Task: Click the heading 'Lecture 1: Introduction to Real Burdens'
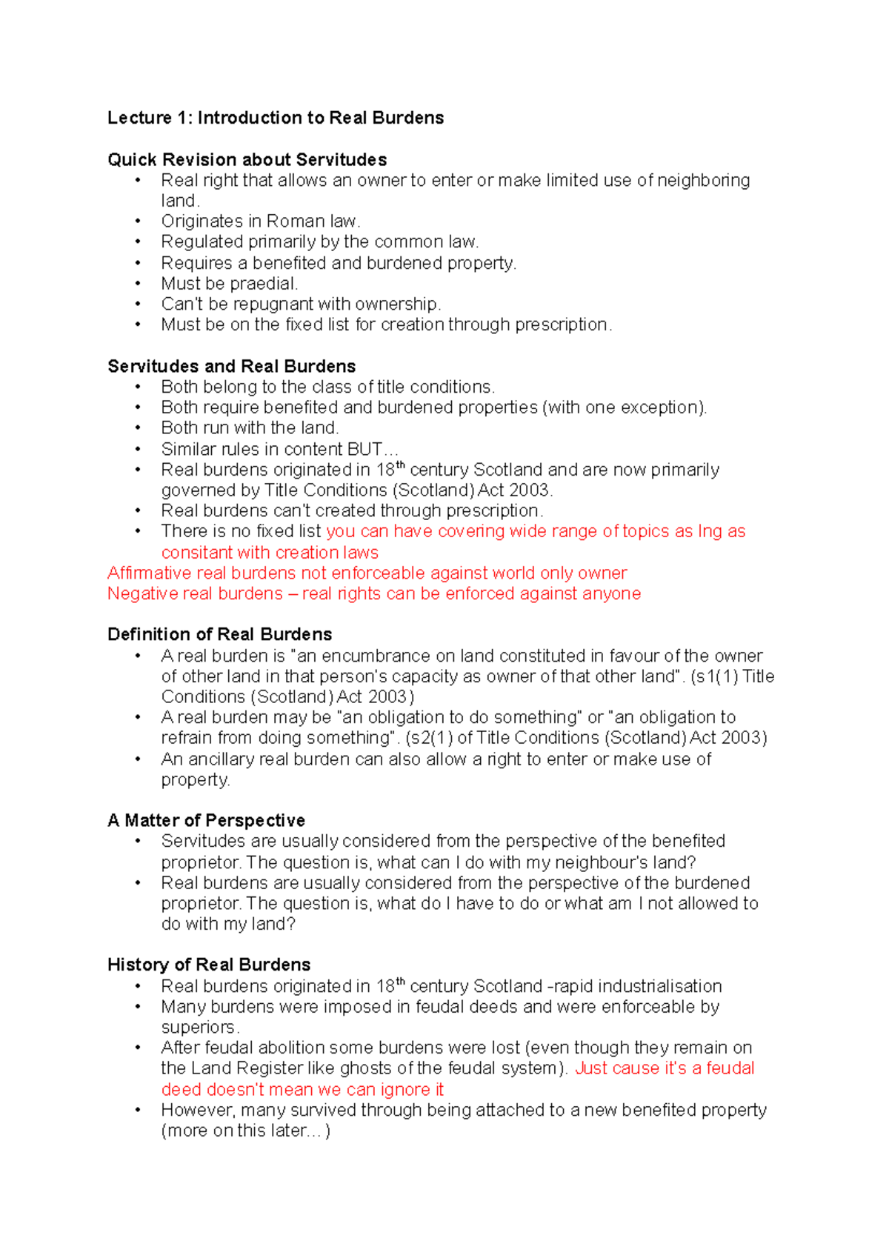coord(276,118)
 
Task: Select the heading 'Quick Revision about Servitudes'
coord(247,160)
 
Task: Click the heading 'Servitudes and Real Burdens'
coord(231,367)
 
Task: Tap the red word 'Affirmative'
coord(149,573)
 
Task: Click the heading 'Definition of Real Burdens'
coord(219,635)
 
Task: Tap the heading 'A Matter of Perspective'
coord(206,821)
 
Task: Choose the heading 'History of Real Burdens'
coord(209,965)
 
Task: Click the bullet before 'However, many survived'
coord(138,1111)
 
